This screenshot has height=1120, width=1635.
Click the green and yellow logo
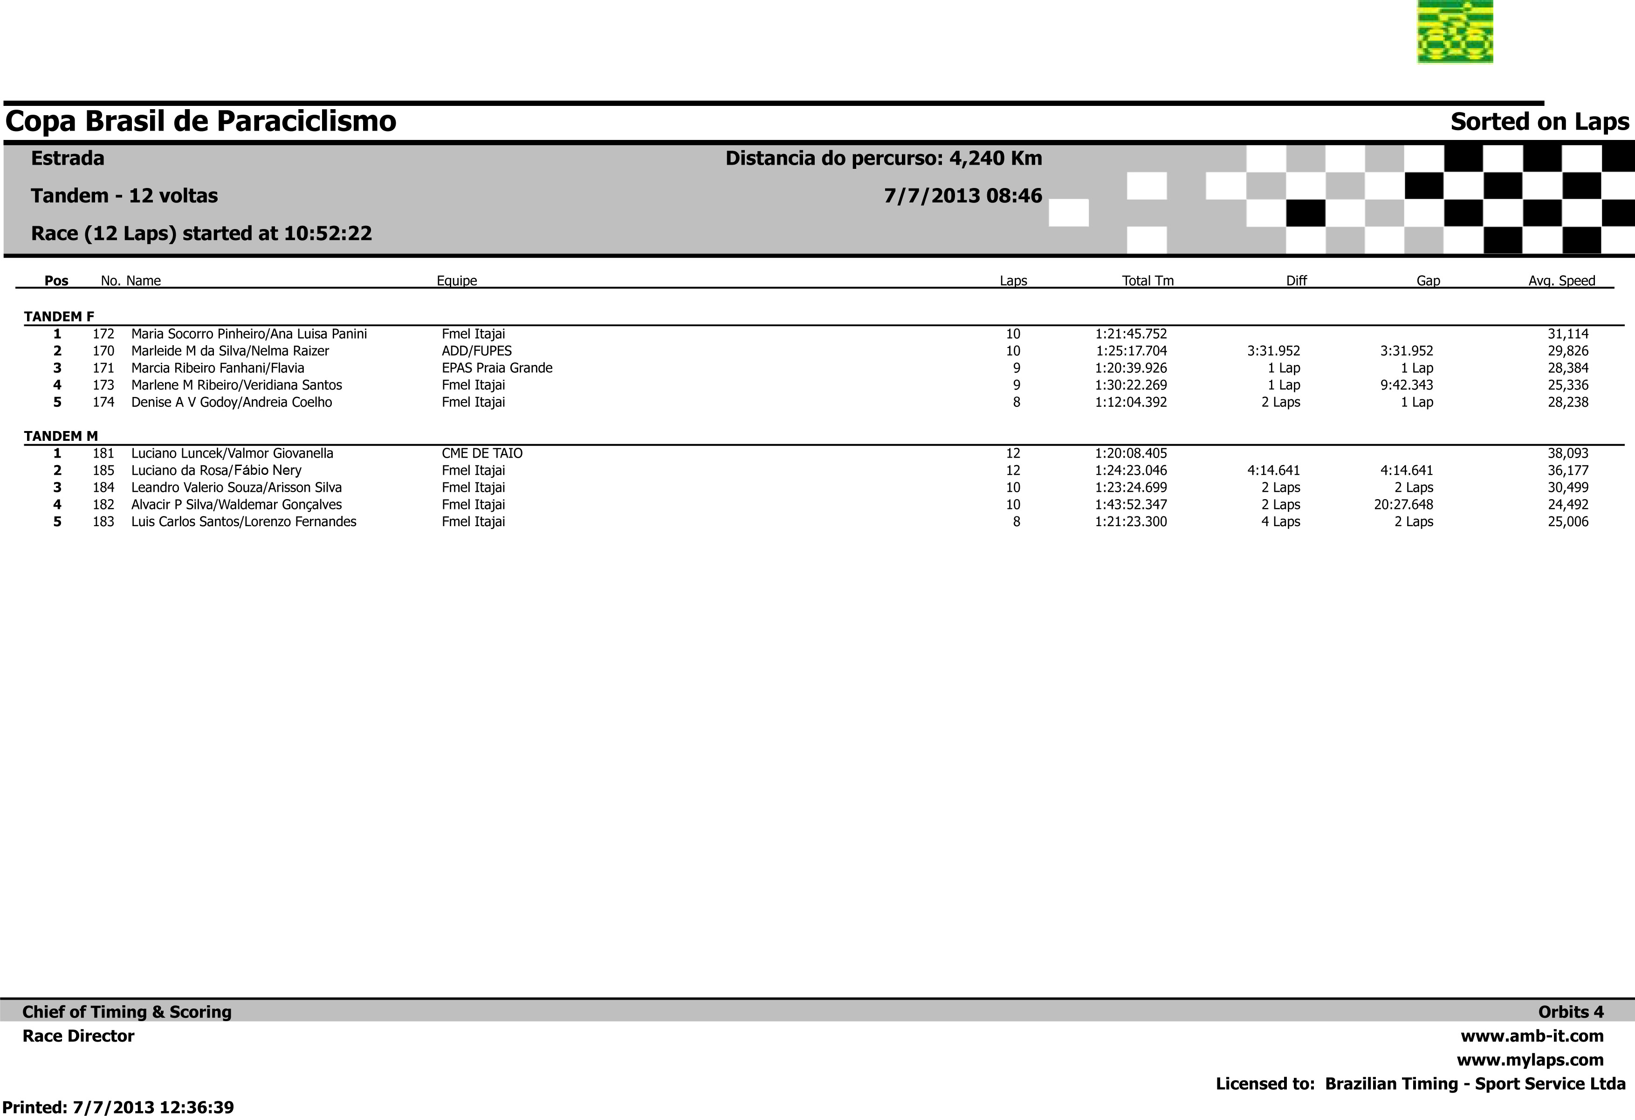1455,32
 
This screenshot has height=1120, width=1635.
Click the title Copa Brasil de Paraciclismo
200,121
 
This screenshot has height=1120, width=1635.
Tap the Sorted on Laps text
1539,122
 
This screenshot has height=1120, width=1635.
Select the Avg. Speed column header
1561,281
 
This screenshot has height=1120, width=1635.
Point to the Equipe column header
457,281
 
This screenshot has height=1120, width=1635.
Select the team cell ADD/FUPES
476,351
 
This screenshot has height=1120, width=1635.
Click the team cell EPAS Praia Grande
497,368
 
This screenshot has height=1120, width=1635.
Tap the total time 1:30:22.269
1131,385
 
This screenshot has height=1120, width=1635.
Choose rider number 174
103,403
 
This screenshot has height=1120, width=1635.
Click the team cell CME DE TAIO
482,454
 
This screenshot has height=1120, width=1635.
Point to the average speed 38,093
1567,454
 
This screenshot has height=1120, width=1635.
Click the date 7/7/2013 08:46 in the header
962,196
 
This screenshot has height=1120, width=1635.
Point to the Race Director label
78,1036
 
